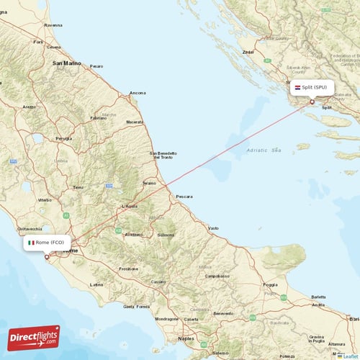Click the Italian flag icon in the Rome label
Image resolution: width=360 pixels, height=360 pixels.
pyautogui.click(x=31, y=243)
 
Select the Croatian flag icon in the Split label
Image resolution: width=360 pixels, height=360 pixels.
pyautogui.click(x=297, y=87)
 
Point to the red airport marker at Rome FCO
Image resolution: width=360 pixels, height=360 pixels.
pyautogui.click(x=47, y=256)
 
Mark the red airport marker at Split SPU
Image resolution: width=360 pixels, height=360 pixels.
pyautogui.click(x=312, y=102)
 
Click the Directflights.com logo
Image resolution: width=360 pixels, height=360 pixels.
pyautogui.click(x=34, y=337)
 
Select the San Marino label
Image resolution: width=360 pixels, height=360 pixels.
pyautogui.click(x=66, y=63)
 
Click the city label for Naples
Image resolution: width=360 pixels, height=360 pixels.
pyautogui.click(x=187, y=337)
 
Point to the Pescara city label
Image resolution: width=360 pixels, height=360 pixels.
pyautogui.click(x=184, y=196)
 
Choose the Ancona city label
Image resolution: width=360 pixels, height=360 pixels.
pyautogui.click(x=137, y=93)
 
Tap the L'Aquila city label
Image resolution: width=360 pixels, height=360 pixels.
pyautogui.click(x=129, y=206)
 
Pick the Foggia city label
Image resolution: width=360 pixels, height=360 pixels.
pyautogui.click(x=271, y=284)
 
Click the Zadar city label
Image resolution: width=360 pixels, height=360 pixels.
pyautogui.click(x=248, y=52)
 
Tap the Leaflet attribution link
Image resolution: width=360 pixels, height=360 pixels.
pyautogui.click(x=349, y=356)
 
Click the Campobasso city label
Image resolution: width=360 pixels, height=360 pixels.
pyautogui.click(x=217, y=276)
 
